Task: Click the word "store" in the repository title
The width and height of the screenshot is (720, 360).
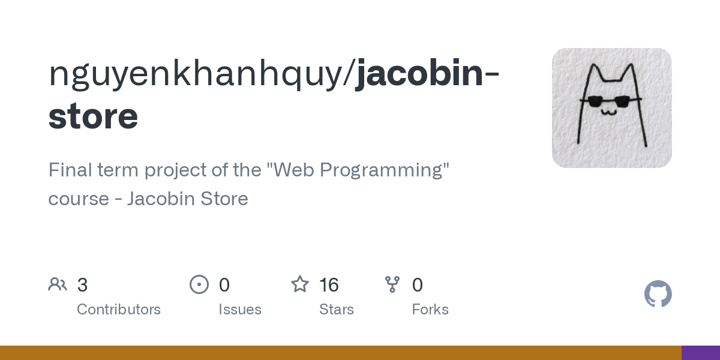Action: (93, 116)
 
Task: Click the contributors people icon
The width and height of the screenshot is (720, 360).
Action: (58, 284)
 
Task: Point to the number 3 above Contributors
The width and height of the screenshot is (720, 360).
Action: (83, 285)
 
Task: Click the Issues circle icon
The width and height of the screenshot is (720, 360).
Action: (199, 284)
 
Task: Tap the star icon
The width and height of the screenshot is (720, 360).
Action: (300, 284)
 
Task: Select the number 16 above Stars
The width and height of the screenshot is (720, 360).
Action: (329, 285)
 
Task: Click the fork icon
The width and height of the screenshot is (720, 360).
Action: (392, 284)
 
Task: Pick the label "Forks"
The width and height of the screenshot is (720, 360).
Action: (430, 310)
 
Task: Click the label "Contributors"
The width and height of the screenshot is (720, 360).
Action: (119, 310)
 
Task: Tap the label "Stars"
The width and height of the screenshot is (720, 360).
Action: (337, 310)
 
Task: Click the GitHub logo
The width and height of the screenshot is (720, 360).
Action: (658, 294)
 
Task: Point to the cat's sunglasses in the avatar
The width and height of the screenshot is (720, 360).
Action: (610, 101)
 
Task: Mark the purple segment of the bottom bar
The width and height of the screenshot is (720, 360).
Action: (700, 353)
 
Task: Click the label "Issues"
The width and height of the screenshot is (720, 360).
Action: (240, 310)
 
